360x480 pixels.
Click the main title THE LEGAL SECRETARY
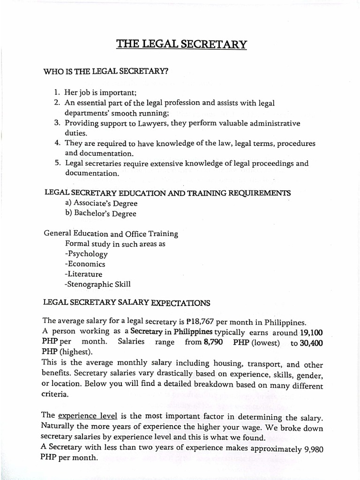click(x=181, y=45)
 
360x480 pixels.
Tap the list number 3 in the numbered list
click(x=56, y=123)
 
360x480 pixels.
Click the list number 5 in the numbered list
click(x=57, y=163)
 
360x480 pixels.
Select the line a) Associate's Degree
click(x=101, y=203)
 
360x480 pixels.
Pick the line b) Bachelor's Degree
click(x=101, y=214)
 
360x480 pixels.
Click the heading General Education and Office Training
click(x=111, y=233)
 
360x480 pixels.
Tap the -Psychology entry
click(x=86, y=254)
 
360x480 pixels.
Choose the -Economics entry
click(x=85, y=264)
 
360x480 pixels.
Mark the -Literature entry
click(x=83, y=274)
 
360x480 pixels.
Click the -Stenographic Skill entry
click(x=98, y=284)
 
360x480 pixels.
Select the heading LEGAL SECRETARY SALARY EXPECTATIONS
click(x=127, y=303)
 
